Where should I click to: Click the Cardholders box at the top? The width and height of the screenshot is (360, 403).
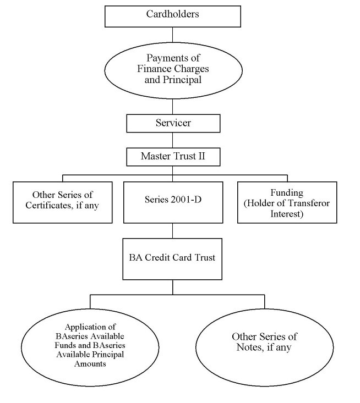coord(173,16)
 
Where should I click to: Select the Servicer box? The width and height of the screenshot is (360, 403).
coord(173,123)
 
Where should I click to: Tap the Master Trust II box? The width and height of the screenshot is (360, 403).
coord(173,157)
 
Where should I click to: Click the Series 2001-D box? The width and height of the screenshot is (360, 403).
coord(173,202)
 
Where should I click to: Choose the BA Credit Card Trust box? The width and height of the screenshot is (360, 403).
coord(172,259)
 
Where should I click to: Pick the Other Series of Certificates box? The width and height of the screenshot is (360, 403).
coord(63,202)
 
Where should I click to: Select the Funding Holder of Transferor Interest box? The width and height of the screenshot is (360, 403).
coord(287,202)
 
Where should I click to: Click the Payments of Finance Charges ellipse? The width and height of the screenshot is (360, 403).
coord(173,70)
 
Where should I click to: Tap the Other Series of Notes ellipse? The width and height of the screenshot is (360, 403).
coord(265,347)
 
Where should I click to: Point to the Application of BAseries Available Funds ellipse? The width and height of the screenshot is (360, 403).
coord(90,347)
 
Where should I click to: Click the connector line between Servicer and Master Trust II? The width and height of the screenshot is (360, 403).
coord(172,140)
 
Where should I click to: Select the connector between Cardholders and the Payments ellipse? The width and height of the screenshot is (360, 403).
coord(172,35)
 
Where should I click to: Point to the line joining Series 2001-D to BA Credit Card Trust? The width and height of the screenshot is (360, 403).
coord(172,231)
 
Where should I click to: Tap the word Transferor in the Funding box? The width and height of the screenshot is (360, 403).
coord(308,203)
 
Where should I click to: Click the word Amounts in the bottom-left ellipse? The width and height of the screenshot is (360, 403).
coord(90,363)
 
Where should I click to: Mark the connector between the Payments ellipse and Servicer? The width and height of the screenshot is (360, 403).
coord(172,107)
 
